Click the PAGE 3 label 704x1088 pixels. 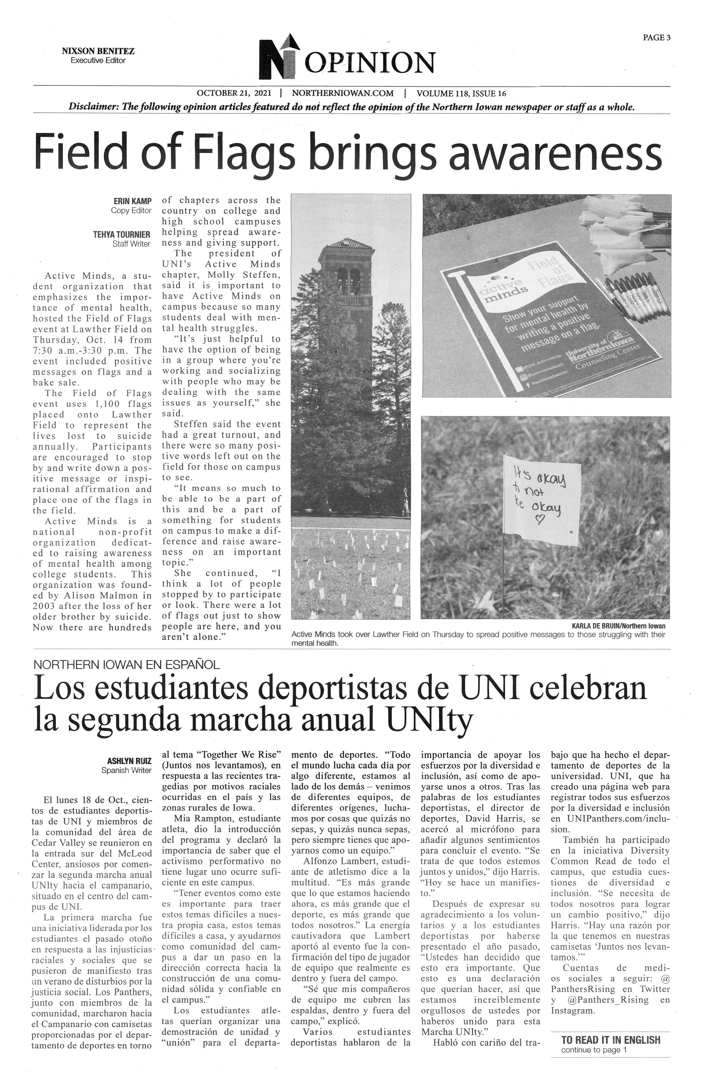tap(656, 38)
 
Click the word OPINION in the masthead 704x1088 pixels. tap(369, 63)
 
